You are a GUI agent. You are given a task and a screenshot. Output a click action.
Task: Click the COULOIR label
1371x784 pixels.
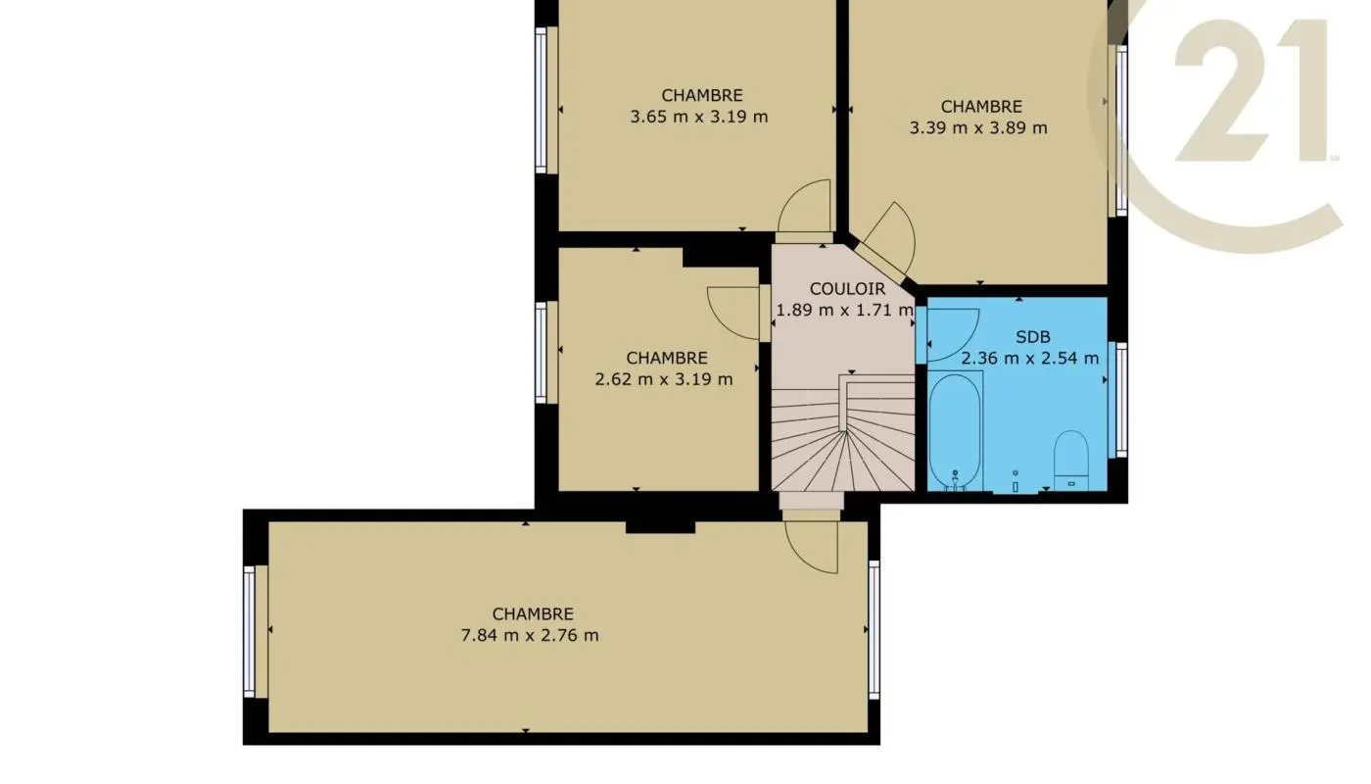[x=847, y=289]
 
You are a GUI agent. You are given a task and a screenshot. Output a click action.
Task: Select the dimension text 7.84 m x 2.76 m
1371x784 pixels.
[x=530, y=635]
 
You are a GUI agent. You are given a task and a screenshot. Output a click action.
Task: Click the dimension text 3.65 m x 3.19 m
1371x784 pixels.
[x=699, y=117]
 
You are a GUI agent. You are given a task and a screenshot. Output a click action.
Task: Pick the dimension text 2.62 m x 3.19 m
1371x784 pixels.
[x=664, y=379]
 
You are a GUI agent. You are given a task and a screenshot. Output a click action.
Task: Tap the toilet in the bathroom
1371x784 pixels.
[x=1071, y=458]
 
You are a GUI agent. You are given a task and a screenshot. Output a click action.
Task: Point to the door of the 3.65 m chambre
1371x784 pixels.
[x=805, y=208]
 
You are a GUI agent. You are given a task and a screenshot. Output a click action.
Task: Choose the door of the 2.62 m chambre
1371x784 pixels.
[x=734, y=312]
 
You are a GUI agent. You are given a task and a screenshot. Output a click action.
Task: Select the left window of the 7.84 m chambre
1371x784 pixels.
[x=250, y=631]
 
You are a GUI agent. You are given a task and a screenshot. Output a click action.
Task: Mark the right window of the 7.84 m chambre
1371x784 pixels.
[x=874, y=629]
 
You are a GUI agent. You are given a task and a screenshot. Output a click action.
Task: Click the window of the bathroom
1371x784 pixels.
[x=1120, y=400]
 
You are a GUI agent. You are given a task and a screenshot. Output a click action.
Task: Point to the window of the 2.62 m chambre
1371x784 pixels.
[x=541, y=351]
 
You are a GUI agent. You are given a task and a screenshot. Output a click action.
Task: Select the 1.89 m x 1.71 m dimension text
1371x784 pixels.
[x=844, y=311]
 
